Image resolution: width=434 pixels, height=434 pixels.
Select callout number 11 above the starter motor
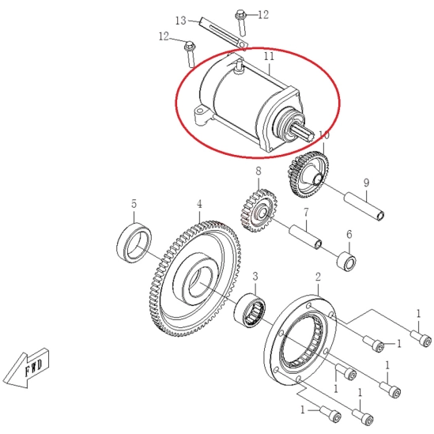click(x=269, y=56)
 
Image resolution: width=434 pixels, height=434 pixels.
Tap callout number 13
click(x=181, y=21)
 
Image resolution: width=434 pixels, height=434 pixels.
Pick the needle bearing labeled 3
click(x=250, y=309)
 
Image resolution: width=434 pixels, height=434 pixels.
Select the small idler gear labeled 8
click(x=258, y=211)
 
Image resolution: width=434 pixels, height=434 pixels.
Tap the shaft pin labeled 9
click(x=364, y=206)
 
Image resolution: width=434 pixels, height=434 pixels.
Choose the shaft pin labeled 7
click(x=306, y=237)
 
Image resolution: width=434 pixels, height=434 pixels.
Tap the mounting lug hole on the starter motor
click(x=198, y=111)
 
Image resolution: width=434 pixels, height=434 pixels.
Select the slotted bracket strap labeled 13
click(x=224, y=32)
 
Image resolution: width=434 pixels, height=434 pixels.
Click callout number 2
click(x=318, y=277)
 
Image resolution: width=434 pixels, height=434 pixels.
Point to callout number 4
click(x=199, y=204)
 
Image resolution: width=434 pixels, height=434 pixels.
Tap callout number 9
click(x=366, y=183)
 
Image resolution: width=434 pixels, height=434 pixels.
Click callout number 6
click(x=349, y=235)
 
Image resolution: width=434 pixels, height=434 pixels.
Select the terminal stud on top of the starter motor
click(x=239, y=66)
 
